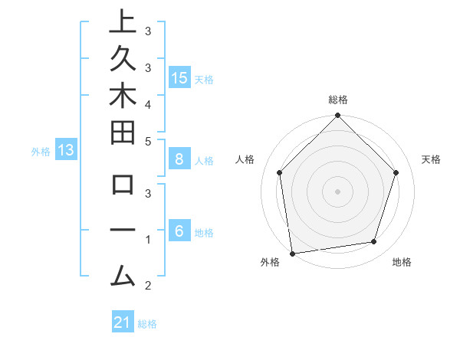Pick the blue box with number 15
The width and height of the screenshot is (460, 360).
tap(179, 77)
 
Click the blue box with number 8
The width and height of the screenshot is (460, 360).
tap(179, 159)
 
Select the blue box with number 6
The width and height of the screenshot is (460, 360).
tap(179, 231)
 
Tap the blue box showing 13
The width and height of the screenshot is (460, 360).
tap(66, 150)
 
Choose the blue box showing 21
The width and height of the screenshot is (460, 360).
tap(122, 322)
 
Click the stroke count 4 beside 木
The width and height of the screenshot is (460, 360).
tap(147, 103)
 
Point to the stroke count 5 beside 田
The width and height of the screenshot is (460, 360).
tap(147, 141)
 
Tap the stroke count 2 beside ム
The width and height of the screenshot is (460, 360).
tap(147, 286)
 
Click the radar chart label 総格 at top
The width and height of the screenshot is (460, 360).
tap(338, 100)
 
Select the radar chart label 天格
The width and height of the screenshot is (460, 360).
tap(432, 159)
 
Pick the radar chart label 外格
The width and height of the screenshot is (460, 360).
tap(270, 263)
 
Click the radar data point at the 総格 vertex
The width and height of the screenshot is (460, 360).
tap(337, 116)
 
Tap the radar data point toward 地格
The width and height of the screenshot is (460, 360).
tap(374, 242)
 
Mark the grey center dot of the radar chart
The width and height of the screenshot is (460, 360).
tap(337, 191)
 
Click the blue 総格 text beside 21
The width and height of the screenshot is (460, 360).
tap(147, 324)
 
